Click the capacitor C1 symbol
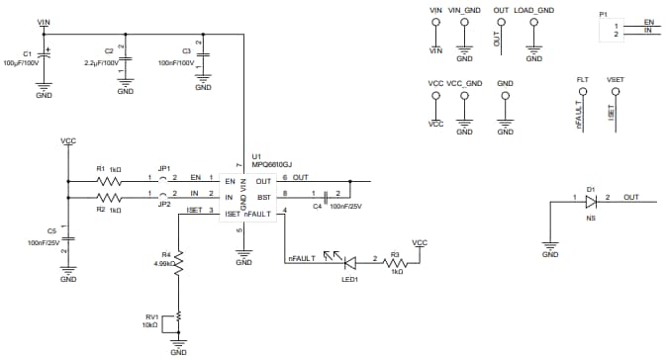45,59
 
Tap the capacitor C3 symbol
202,55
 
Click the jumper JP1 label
164,168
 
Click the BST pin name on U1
263,198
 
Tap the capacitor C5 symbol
68,237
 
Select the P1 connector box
629,29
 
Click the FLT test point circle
582,92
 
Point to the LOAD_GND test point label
533,11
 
